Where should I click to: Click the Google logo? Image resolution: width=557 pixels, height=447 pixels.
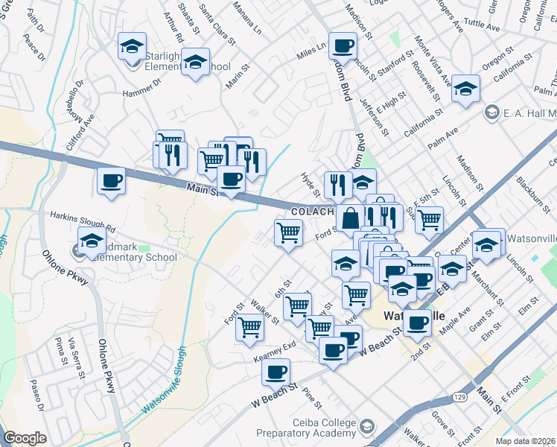(x=25, y=438)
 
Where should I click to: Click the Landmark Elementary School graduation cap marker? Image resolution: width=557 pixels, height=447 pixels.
(x=92, y=241)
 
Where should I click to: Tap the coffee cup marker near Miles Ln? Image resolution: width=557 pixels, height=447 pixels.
(x=343, y=47)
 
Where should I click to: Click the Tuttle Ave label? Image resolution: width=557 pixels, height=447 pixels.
(x=482, y=25)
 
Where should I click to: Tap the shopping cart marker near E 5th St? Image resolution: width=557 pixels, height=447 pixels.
(x=429, y=220)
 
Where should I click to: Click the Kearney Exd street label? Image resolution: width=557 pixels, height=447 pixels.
(x=275, y=349)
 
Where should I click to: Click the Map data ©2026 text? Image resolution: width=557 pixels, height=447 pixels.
(x=525, y=441)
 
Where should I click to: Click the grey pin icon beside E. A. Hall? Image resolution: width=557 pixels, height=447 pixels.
(x=491, y=112)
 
